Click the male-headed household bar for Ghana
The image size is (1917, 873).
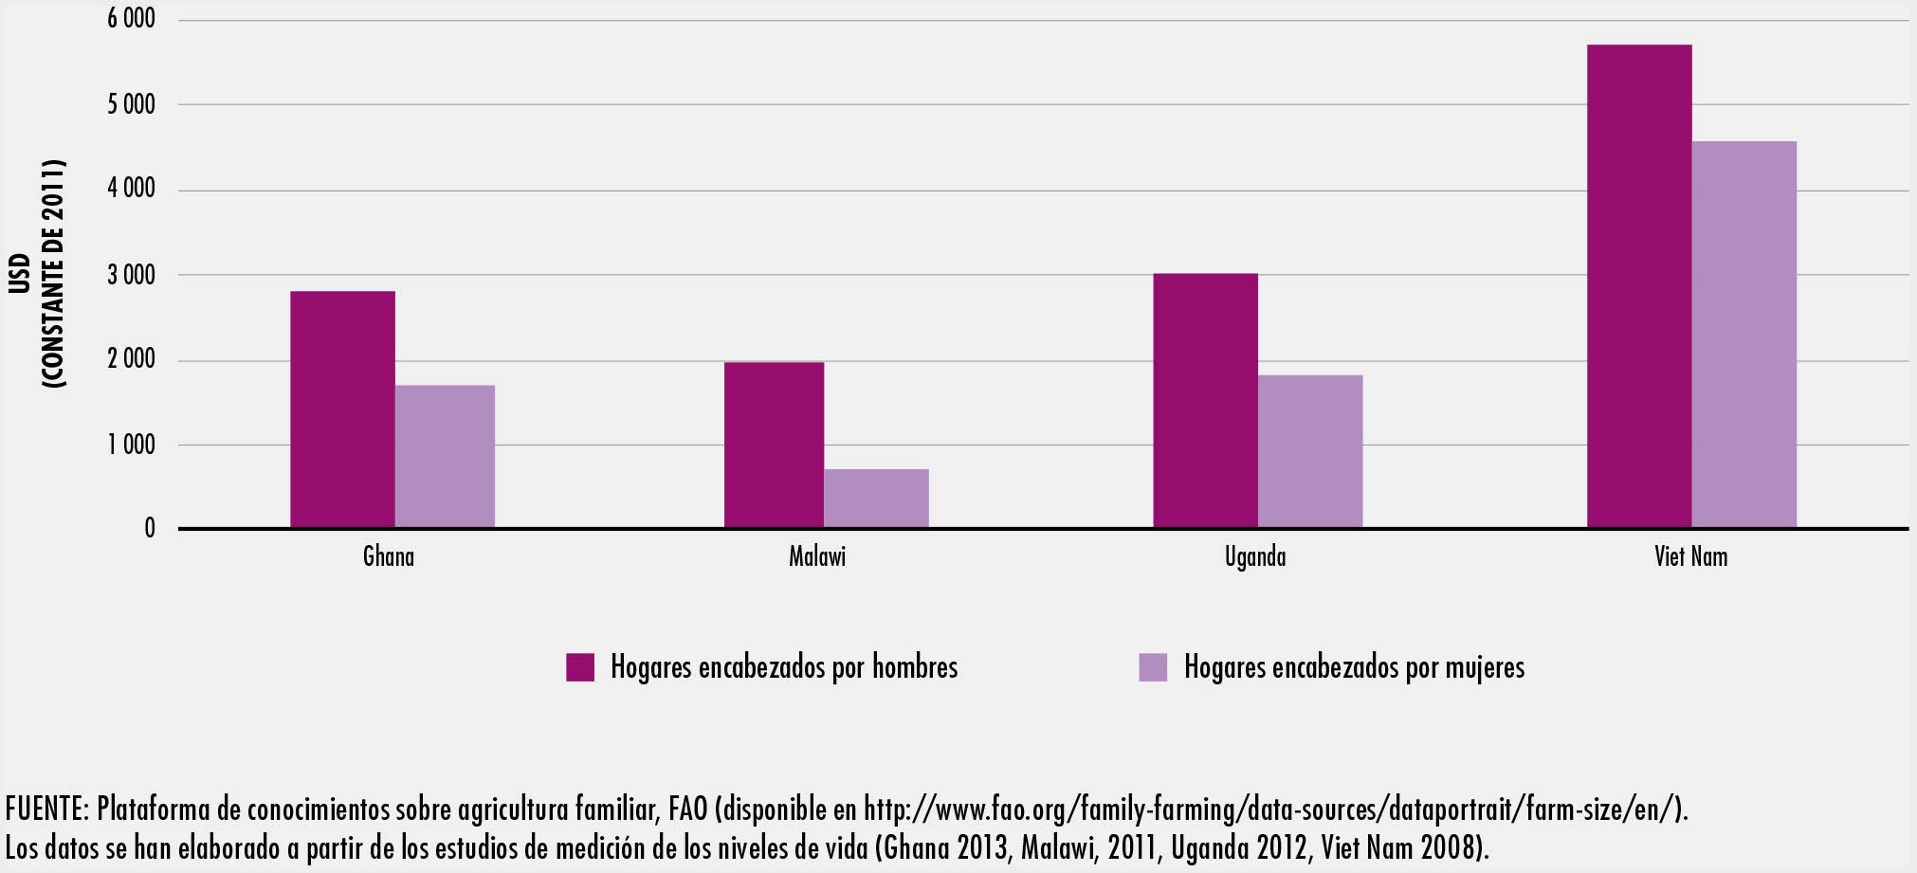coord(342,409)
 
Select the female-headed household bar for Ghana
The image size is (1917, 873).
coord(445,456)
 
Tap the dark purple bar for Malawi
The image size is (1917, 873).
coord(774,445)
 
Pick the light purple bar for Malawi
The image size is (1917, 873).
coord(876,498)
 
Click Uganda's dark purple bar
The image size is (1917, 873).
coord(1205,400)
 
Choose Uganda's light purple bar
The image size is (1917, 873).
coord(1309,451)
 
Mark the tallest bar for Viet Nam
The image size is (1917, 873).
coord(1638,285)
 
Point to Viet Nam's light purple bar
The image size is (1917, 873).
coord(1744,334)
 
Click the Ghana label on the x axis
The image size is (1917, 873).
coord(389,555)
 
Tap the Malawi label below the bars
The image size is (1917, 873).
coord(817,555)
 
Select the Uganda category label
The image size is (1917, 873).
coord(1255,555)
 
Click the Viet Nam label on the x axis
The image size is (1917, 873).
coord(1690,555)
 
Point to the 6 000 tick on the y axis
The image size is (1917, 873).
coord(131,19)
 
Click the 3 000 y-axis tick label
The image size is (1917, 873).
coord(131,275)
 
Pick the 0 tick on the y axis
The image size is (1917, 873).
coord(150,529)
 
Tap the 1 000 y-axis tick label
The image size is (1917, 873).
coord(131,445)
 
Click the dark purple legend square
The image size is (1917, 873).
coord(580,667)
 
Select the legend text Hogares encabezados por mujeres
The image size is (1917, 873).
coord(1354,667)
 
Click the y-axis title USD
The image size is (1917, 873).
coord(21,273)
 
